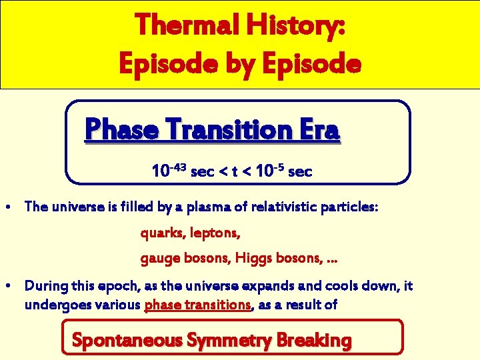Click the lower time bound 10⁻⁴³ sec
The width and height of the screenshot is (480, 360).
click(x=180, y=171)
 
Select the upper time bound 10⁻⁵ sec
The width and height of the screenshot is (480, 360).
click(x=284, y=171)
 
